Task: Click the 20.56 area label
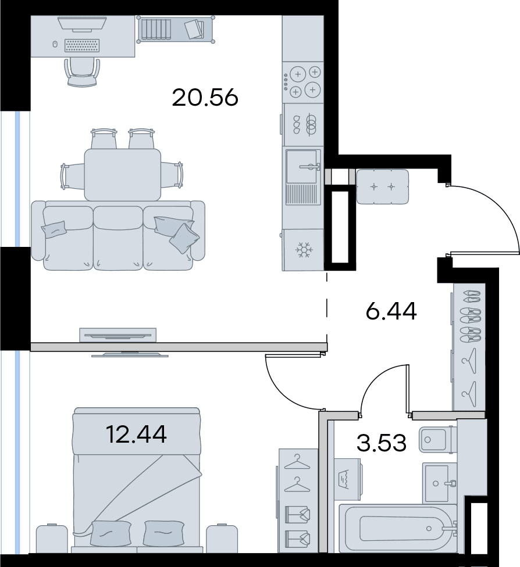click(x=205, y=98)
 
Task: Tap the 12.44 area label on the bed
click(x=137, y=435)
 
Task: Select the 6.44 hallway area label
click(x=391, y=311)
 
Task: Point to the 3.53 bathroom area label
click(x=382, y=443)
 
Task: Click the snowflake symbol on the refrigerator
click(x=303, y=250)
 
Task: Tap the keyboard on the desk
click(x=82, y=46)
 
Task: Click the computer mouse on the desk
click(x=55, y=44)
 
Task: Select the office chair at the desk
click(x=82, y=72)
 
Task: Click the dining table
click(x=123, y=175)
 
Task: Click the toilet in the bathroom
click(x=438, y=440)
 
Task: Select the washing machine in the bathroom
click(x=347, y=479)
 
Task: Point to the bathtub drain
click(x=429, y=529)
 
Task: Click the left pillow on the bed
click(x=111, y=533)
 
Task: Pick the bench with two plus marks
click(x=382, y=186)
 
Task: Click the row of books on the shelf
click(x=156, y=28)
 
